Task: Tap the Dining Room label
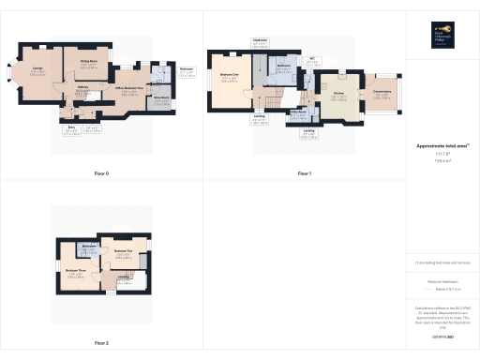pos(89,63)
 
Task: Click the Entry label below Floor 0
pos(70,128)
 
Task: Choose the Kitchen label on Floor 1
pos(338,93)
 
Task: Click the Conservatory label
pos(382,90)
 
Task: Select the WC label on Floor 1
pos(312,59)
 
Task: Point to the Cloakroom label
pos(260,40)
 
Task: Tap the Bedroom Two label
pos(121,251)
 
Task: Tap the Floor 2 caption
pos(101,343)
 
